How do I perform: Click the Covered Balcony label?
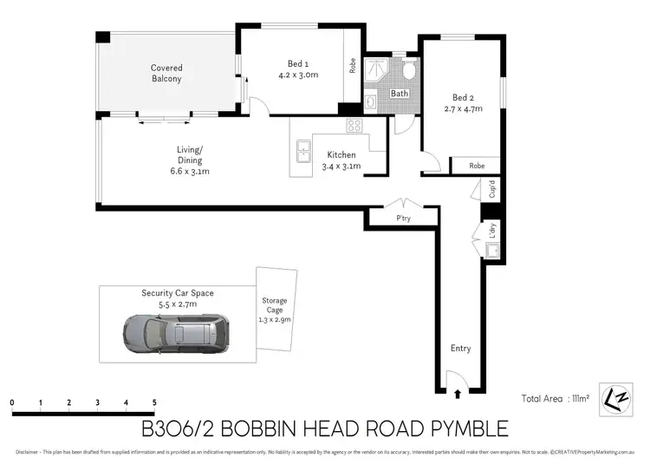coord(166,73)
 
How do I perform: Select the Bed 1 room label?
coord(298,69)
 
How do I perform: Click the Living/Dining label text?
coord(190,160)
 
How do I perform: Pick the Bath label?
coord(399,93)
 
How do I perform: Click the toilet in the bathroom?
coord(408,69)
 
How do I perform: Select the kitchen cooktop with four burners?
coord(354,125)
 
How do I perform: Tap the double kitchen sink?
coord(303,152)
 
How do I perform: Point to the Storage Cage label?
coord(275,309)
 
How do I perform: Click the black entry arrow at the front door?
coord(458,394)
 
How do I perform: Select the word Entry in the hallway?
coord(460,349)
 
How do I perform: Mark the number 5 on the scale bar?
coord(154,403)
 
